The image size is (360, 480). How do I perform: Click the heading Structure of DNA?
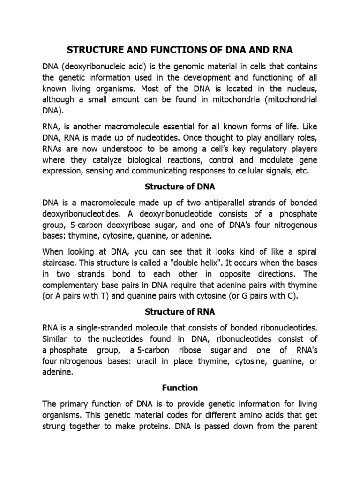click(180, 187)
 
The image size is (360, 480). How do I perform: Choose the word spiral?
click(305, 251)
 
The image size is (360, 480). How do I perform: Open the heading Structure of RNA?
click(180, 311)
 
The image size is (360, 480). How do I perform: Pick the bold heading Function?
click(180, 388)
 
